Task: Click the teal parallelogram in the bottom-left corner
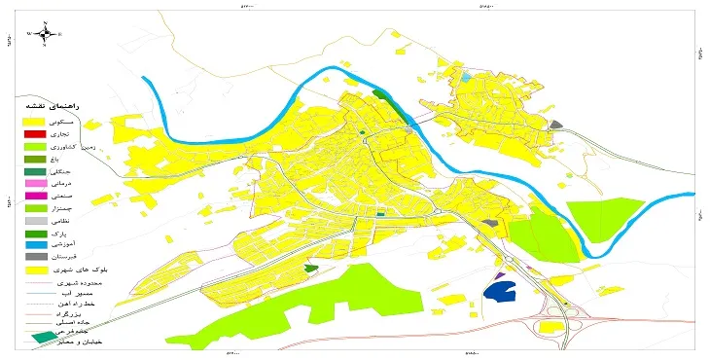(x=44, y=337)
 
